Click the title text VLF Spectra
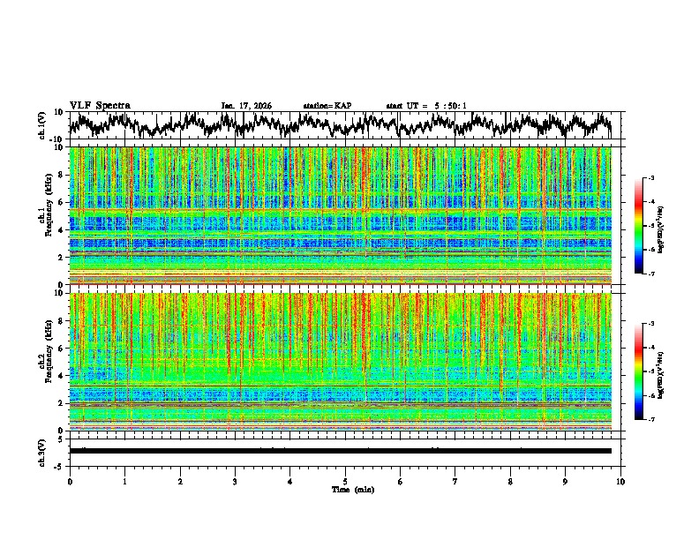pos(99,105)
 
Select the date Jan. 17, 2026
pos(246,106)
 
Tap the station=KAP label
pos(327,106)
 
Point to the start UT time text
pos(426,106)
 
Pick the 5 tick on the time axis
pos(345,481)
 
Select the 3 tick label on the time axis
pos(235,481)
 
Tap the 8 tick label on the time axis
pos(510,481)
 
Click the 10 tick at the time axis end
pos(620,481)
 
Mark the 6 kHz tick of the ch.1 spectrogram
pos(62,203)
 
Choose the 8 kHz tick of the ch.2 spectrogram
pos(62,321)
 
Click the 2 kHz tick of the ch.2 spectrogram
pos(62,403)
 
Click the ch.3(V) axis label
pos(41,450)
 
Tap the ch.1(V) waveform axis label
pos(41,125)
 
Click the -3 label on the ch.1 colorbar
pos(651,178)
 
